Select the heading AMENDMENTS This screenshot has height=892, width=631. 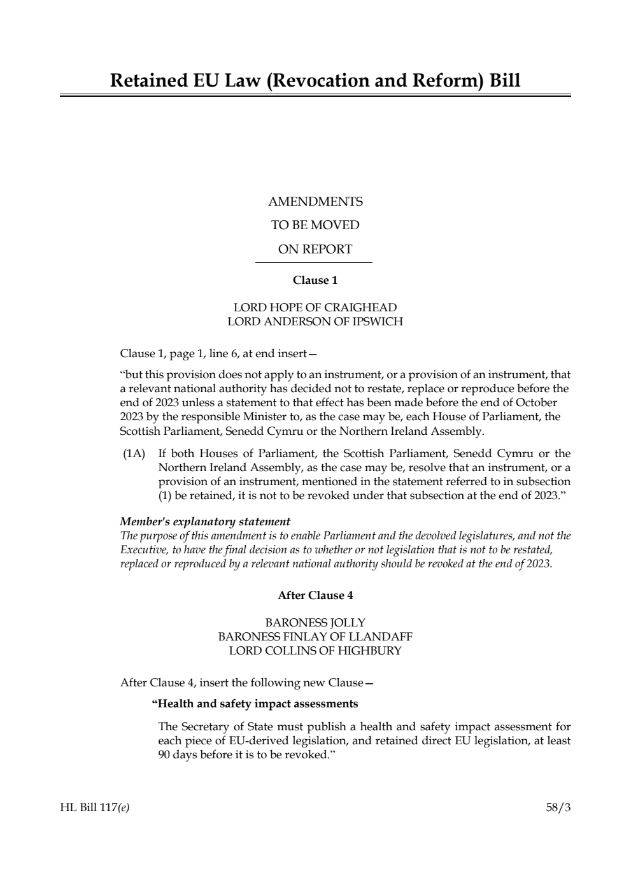pos(315,202)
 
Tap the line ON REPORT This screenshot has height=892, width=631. pos(315,250)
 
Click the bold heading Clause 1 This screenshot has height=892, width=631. pos(315,280)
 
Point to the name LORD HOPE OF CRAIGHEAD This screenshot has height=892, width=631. pos(315,308)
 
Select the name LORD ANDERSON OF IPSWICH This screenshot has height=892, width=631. pos(315,322)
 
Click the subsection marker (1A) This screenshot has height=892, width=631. pos(134,454)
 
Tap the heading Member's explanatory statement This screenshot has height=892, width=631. pos(205,521)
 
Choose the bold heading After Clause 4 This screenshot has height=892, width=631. pos(315,595)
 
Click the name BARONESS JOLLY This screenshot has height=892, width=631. pos(315,623)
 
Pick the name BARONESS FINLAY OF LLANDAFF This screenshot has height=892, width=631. pos(315,637)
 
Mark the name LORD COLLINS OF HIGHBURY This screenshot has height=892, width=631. pos(315,651)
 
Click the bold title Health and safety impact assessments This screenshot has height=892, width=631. pos(255,704)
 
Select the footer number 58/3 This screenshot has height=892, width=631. pos(558,808)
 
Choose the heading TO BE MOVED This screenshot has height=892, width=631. pos(315,225)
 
